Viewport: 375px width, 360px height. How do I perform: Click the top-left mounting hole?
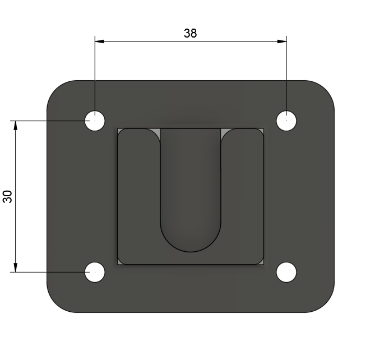tap(95, 121)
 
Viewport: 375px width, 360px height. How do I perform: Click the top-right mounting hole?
tap(286, 121)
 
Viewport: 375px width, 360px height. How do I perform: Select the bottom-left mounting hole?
tap(95, 272)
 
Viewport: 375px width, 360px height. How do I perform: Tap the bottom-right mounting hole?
tap(286, 272)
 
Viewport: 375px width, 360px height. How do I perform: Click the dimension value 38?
tap(191, 33)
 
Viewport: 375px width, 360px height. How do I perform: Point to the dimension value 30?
tap(8, 197)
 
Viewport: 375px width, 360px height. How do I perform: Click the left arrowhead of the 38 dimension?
tap(99, 41)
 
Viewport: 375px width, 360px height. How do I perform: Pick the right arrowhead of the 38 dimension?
tap(282, 41)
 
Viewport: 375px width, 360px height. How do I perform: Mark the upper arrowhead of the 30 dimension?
tap(16, 126)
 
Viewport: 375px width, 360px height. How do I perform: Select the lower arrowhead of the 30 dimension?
tap(16, 267)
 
